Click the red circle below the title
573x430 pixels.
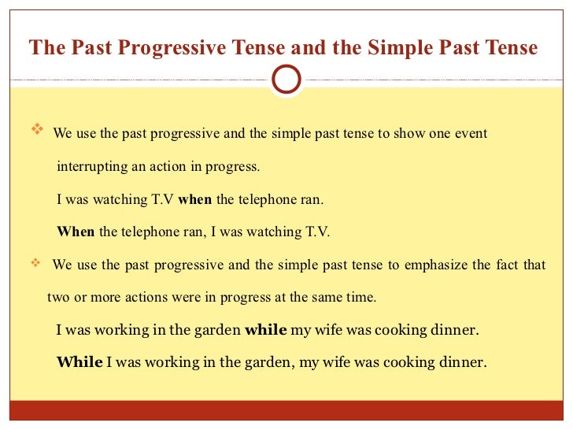click(x=286, y=79)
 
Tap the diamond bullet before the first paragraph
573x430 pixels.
click(x=36, y=132)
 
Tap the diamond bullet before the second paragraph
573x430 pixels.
click(x=36, y=263)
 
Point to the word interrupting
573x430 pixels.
click(x=89, y=167)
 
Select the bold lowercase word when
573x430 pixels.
click(x=195, y=200)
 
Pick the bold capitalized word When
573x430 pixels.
click(x=76, y=232)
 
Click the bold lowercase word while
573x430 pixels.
click(x=266, y=330)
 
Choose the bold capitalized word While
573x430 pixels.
click(x=79, y=362)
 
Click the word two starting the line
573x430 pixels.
click(x=58, y=298)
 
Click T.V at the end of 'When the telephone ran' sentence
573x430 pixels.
click(x=317, y=232)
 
